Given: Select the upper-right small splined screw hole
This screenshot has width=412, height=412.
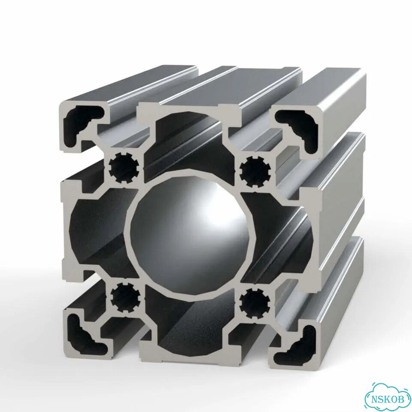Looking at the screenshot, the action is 255,171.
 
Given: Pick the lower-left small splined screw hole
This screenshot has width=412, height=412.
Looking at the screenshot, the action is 124,297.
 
